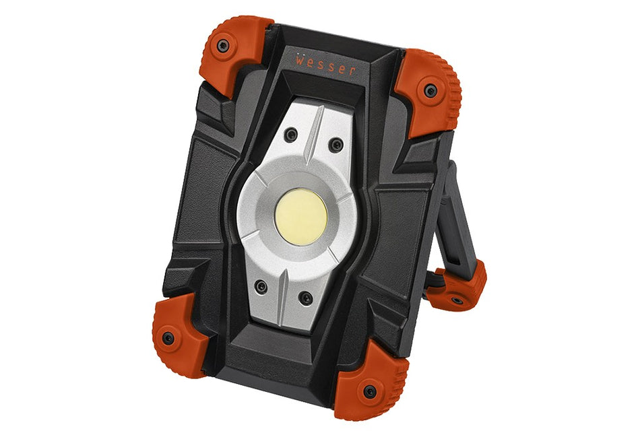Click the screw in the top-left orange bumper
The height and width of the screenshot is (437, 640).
coord(222,46)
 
